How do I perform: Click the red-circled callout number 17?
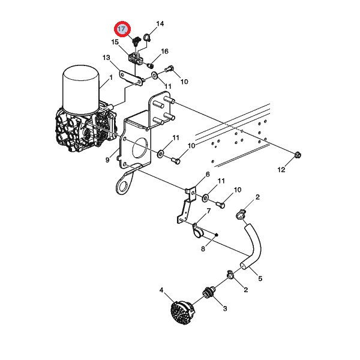(x=122, y=29)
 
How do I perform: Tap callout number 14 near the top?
(x=160, y=23)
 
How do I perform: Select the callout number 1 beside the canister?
(x=111, y=77)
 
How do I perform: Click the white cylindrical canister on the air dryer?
(x=81, y=90)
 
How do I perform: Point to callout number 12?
(x=281, y=170)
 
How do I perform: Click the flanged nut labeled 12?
(x=298, y=155)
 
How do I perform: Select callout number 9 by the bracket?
(x=107, y=160)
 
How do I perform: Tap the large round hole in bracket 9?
(x=140, y=148)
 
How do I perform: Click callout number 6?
(x=208, y=174)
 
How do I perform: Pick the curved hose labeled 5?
(x=254, y=247)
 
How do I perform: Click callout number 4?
(x=161, y=290)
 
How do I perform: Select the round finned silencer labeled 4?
(x=183, y=310)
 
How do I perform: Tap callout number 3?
(x=225, y=308)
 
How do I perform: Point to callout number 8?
(x=203, y=248)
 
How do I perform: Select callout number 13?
(x=106, y=58)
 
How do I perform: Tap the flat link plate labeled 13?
(x=131, y=78)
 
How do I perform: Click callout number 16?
(x=164, y=51)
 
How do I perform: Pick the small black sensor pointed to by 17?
(x=137, y=40)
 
